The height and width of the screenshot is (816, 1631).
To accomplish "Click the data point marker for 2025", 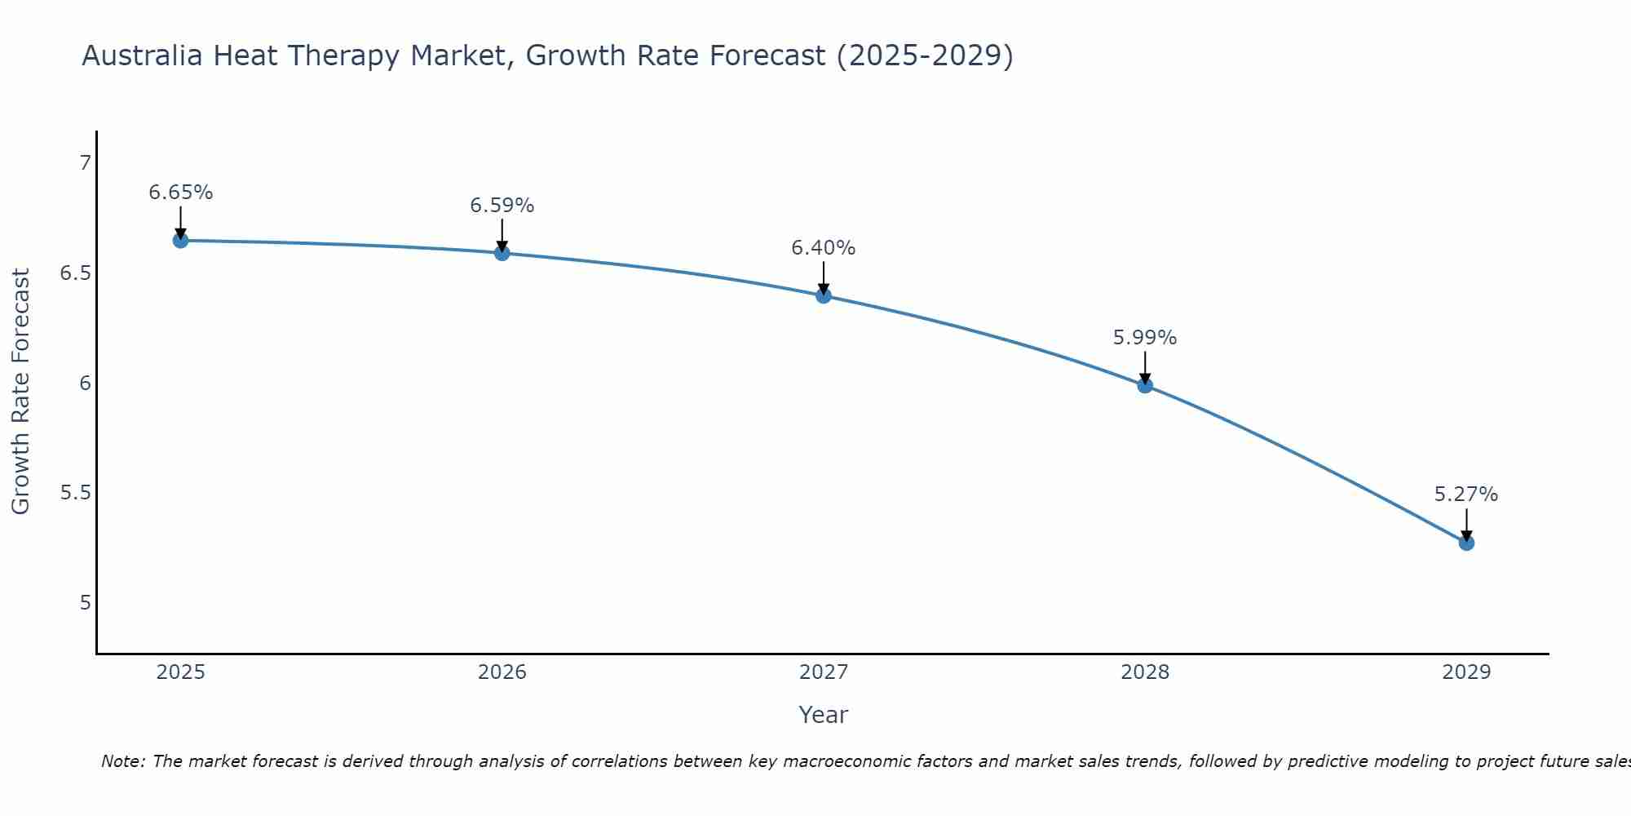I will pyautogui.click(x=180, y=240).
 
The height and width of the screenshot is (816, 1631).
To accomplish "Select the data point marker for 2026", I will pyautogui.click(x=502, y=253).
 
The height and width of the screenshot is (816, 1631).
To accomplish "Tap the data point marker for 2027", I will pyautogui.click(x=824, y=295).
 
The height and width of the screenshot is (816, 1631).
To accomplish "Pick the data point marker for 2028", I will pyautogui.click(x=1145, y=385).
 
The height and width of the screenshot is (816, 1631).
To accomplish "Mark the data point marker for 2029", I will pyautogui.click(x=1466, y=543).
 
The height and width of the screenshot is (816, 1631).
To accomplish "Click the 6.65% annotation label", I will pyautogui.click(x=180, y=193).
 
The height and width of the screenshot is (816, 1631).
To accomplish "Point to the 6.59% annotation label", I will pyautogui.click(x=502, y=206).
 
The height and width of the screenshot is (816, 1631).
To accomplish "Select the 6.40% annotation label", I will pyautogui.click(x=824, y=248).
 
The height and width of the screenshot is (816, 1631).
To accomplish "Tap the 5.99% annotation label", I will pyautogui.click(x=1145, y=338).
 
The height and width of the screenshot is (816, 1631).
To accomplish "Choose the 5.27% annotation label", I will pyautogui.click(x=1466, y=494).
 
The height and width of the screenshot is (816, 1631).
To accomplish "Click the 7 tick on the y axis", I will pyautogui.click(x=85, y=163).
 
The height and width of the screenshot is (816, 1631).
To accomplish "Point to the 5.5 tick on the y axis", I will pyautogui.click(x=75, y=493).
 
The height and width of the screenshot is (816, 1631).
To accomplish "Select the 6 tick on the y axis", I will pyautogui.click(x=85, y=383).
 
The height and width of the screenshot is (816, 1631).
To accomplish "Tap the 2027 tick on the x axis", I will pyautogui.click(x=824, y=672).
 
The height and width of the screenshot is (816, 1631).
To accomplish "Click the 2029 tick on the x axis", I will pyautogui.click(x=1466, y=672).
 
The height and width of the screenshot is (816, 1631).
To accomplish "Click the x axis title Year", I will pyautogui.click(x=824, y=715).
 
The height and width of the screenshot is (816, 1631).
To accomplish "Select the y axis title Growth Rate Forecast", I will pyautogui.click(x=20, y=392).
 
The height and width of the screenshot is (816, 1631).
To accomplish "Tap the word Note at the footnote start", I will pyautogui.click(x=122, y=761).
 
